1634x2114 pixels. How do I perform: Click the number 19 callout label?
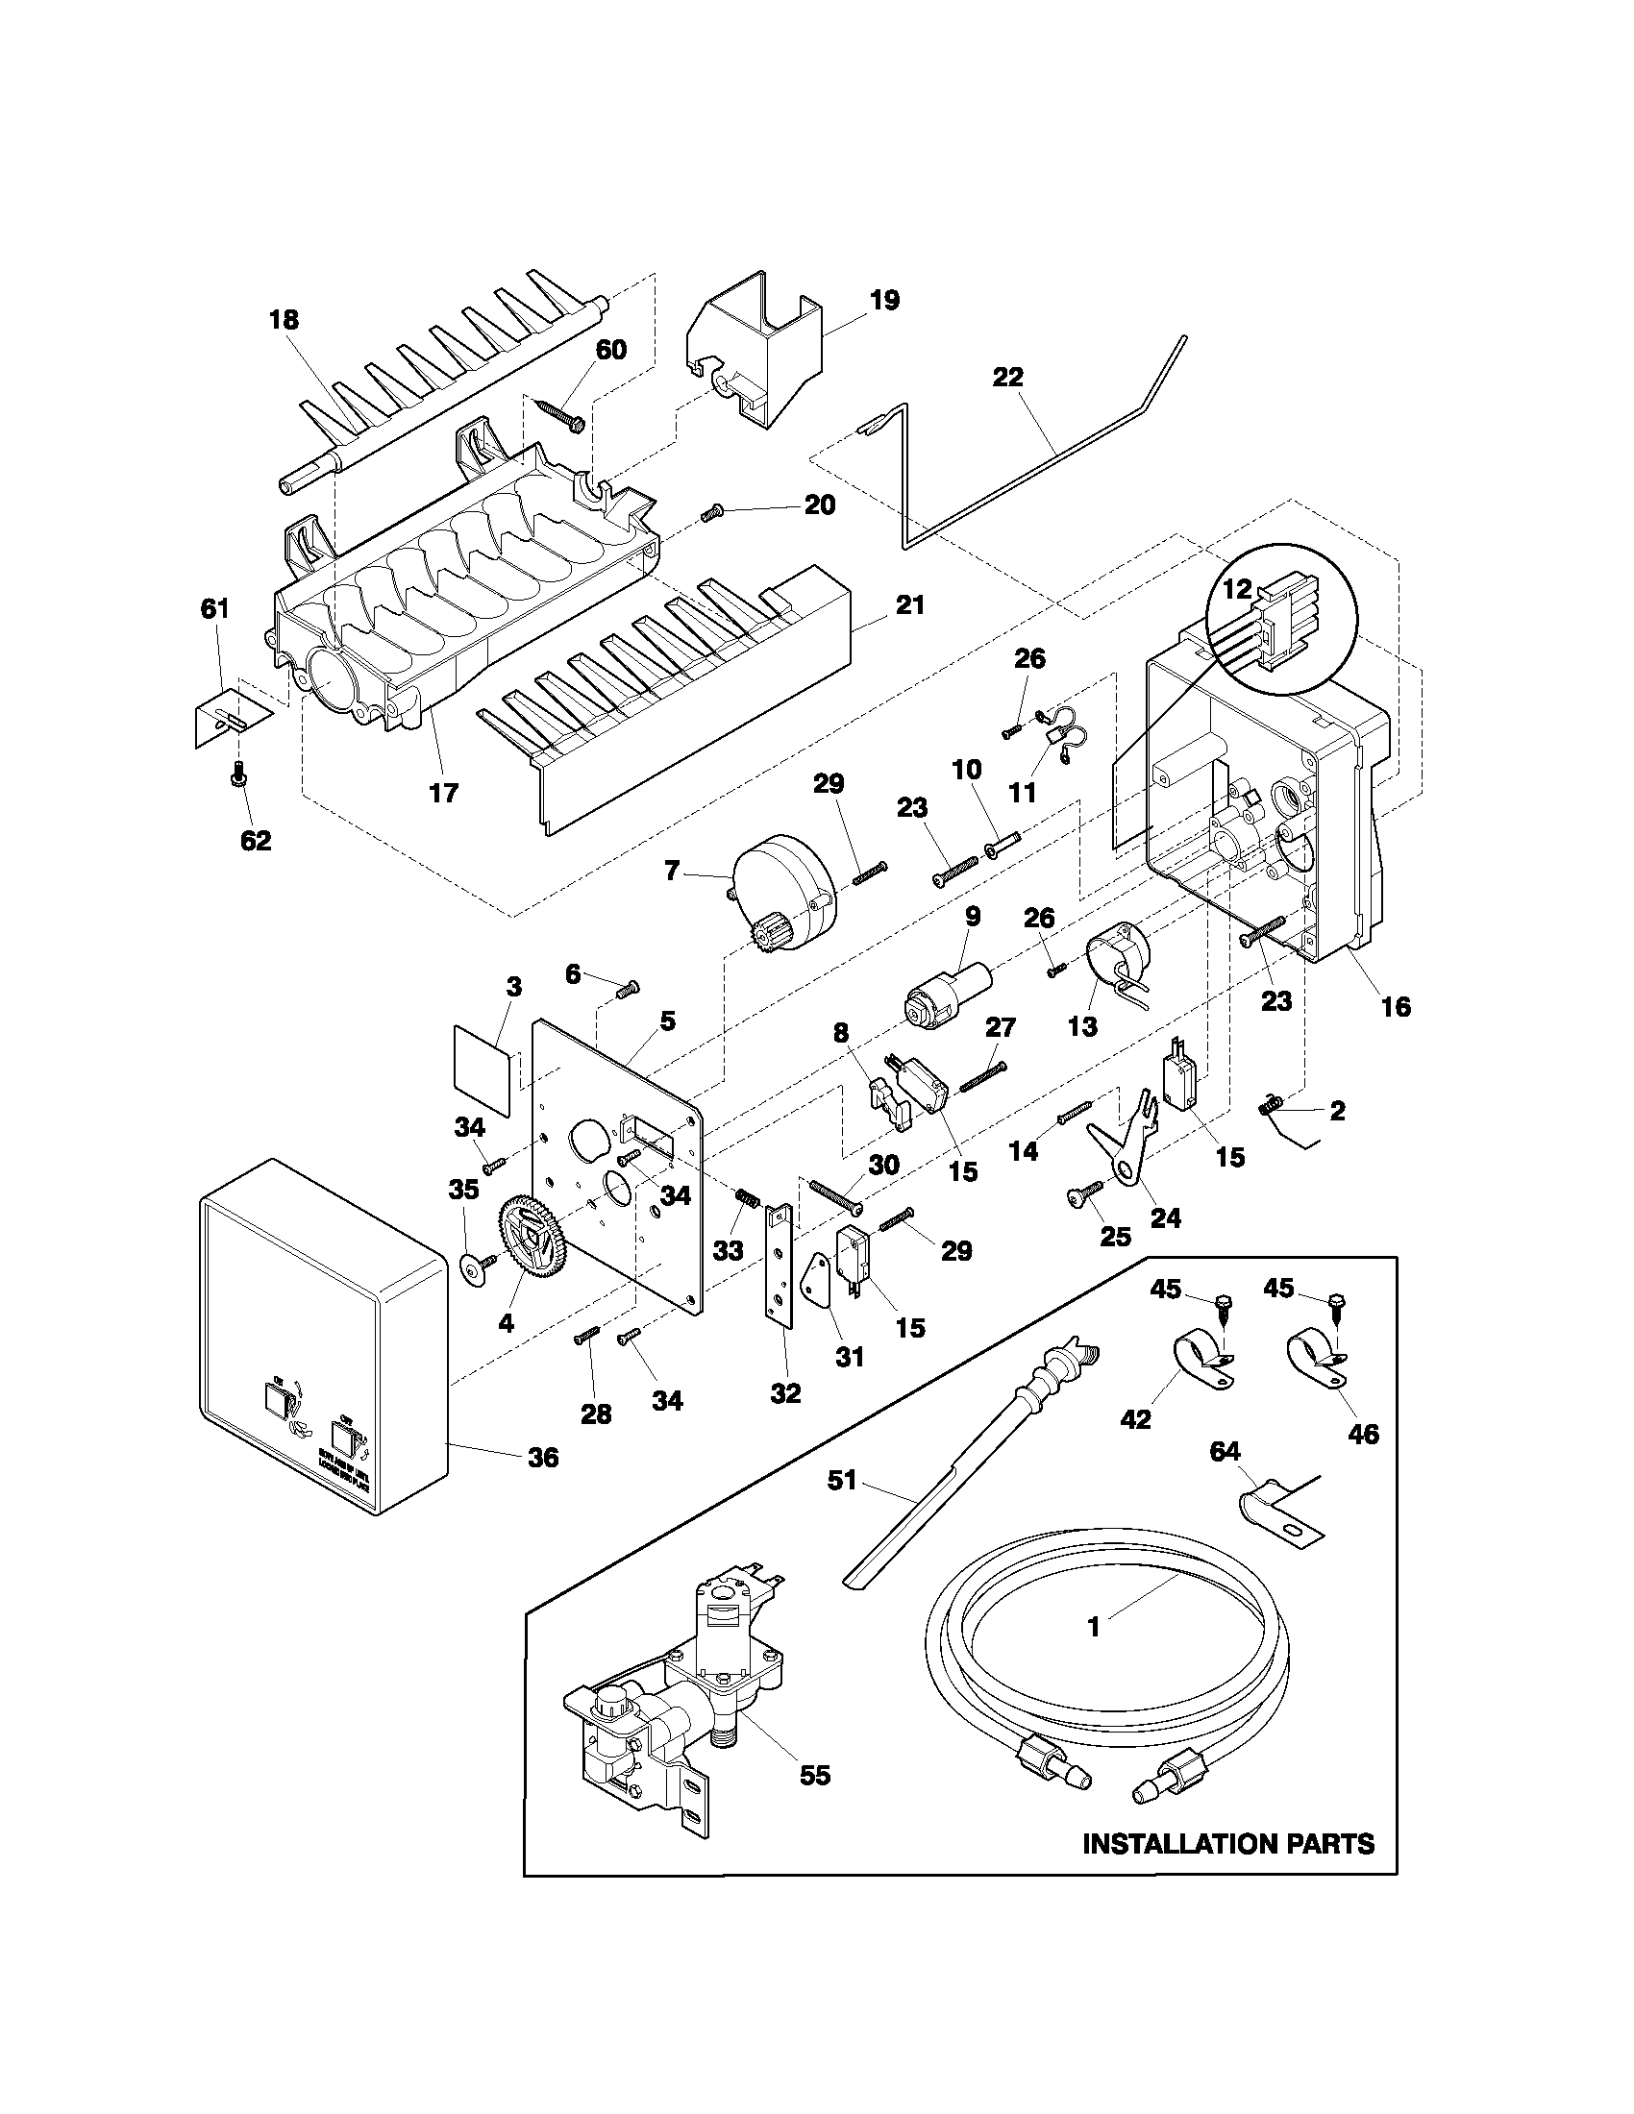[x=883, y=300]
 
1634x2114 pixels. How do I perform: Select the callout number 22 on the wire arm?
[x=1007, y=377]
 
